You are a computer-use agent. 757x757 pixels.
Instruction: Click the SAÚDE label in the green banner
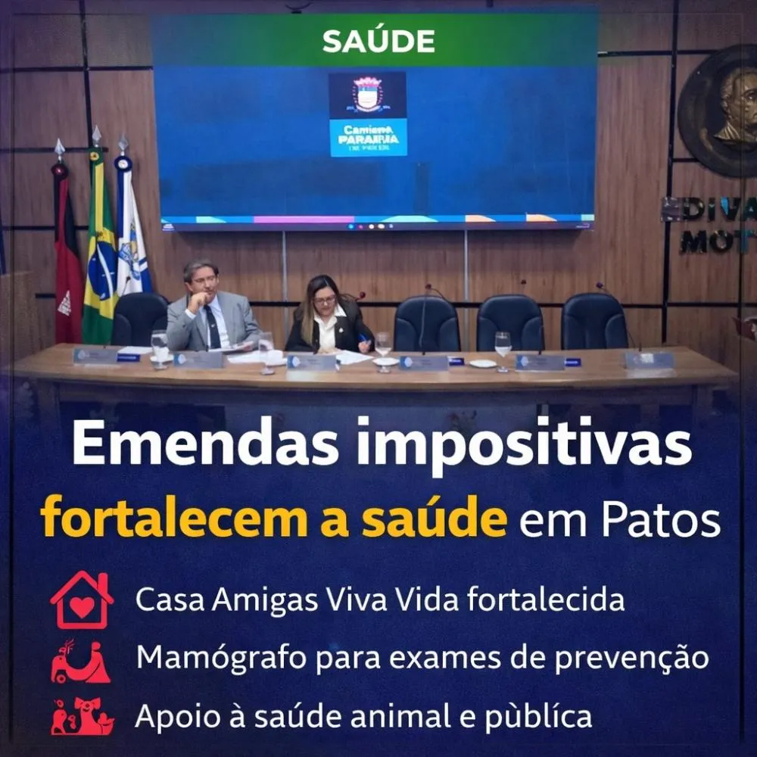[378, 41]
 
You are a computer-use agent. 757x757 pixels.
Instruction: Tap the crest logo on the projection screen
[368, 94]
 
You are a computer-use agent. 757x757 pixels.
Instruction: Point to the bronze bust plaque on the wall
[723, 110]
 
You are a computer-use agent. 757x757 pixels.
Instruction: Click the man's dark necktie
[213, 326]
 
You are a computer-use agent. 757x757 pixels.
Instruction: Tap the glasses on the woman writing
[325, 301]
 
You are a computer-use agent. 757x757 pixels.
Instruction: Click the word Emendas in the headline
[204, 447]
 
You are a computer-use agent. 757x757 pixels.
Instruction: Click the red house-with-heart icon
[82, 600]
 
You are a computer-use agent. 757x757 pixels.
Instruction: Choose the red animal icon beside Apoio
[82, 716]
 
